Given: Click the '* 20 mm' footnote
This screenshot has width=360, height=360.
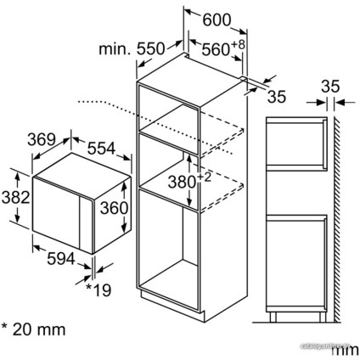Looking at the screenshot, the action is (x=34, y=327).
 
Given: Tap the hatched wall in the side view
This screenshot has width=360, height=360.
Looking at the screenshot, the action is (x=337, y=212).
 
